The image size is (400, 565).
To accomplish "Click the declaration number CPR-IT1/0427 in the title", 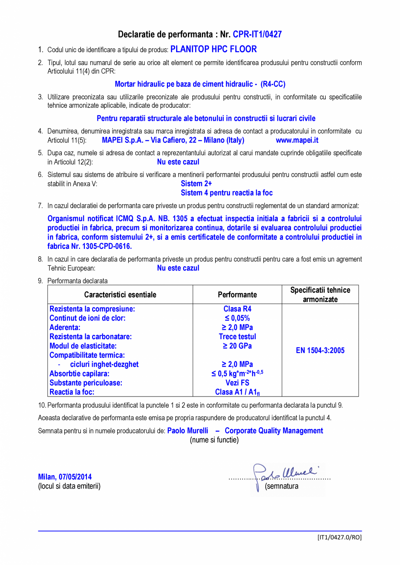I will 257,34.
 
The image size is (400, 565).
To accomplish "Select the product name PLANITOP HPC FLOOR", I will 213,49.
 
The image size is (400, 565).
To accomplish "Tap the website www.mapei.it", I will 297,140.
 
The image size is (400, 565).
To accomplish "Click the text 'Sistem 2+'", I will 196,184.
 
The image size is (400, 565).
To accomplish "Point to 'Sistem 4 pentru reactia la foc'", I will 227,193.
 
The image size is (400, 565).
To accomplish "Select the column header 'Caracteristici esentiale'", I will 120,295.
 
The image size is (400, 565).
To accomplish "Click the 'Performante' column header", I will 237,295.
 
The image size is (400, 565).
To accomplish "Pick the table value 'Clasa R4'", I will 237,309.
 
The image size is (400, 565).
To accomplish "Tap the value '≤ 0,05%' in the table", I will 237,318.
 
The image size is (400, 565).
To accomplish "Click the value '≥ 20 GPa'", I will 237,346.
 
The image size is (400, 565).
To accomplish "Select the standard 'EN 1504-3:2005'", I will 320,350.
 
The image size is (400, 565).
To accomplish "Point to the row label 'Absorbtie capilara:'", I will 80,373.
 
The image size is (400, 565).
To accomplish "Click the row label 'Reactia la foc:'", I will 72,392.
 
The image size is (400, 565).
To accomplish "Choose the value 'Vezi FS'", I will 237,383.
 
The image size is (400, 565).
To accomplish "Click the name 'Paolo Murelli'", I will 188,431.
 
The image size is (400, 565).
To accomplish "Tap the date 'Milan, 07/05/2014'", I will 65,477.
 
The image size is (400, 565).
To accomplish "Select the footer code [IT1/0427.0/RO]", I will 339,537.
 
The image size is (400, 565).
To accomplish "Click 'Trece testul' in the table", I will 237,337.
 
